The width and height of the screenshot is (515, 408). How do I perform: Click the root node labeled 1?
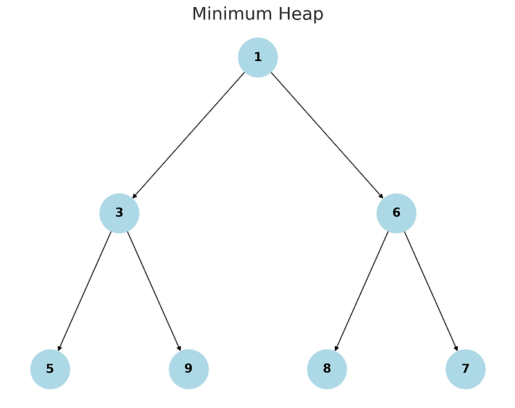[x=257, y=57]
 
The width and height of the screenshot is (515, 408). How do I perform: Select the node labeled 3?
[x=119, y=213]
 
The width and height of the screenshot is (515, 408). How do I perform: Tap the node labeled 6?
[x=396, y=213]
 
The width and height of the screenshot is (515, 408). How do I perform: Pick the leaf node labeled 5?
[x=50, y=369]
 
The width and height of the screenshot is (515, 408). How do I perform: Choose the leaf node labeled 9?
[x=189, y=369]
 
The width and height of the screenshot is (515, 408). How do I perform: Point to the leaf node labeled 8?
[x=327, y=369]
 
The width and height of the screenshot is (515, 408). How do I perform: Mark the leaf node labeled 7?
[x=465, y=369]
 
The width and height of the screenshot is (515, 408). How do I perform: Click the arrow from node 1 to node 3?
[x=189, y=135]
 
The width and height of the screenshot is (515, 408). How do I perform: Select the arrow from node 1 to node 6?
[x=327, y=135]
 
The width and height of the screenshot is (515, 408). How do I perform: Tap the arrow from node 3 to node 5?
[x=85, y=291]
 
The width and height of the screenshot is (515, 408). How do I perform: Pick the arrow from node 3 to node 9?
[x=154, y=291]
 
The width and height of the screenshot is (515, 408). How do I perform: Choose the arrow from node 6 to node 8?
[x=362, y=291]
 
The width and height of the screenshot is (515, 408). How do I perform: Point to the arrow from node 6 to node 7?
[x=431, y=291]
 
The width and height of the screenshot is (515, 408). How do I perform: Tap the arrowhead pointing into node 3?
[x=135, y=196]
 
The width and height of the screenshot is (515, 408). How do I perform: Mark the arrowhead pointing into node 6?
[x=381, y=196]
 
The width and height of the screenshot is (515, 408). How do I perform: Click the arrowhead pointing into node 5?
[x=59, y=349]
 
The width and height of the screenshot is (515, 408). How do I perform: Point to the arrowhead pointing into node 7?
[x=456, y=349]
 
